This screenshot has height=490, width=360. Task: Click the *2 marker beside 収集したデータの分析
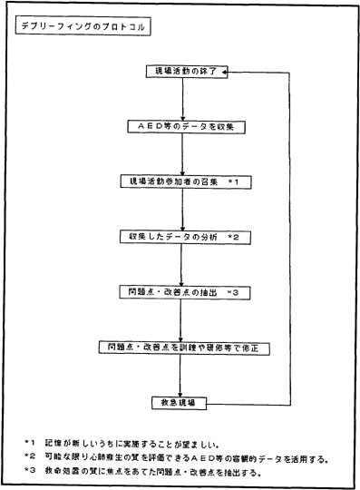(233, 238)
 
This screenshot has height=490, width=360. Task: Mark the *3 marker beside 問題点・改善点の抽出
(233, 293)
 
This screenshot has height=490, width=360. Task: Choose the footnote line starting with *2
(172, 457)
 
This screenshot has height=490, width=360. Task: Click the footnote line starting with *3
(154, 473)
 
